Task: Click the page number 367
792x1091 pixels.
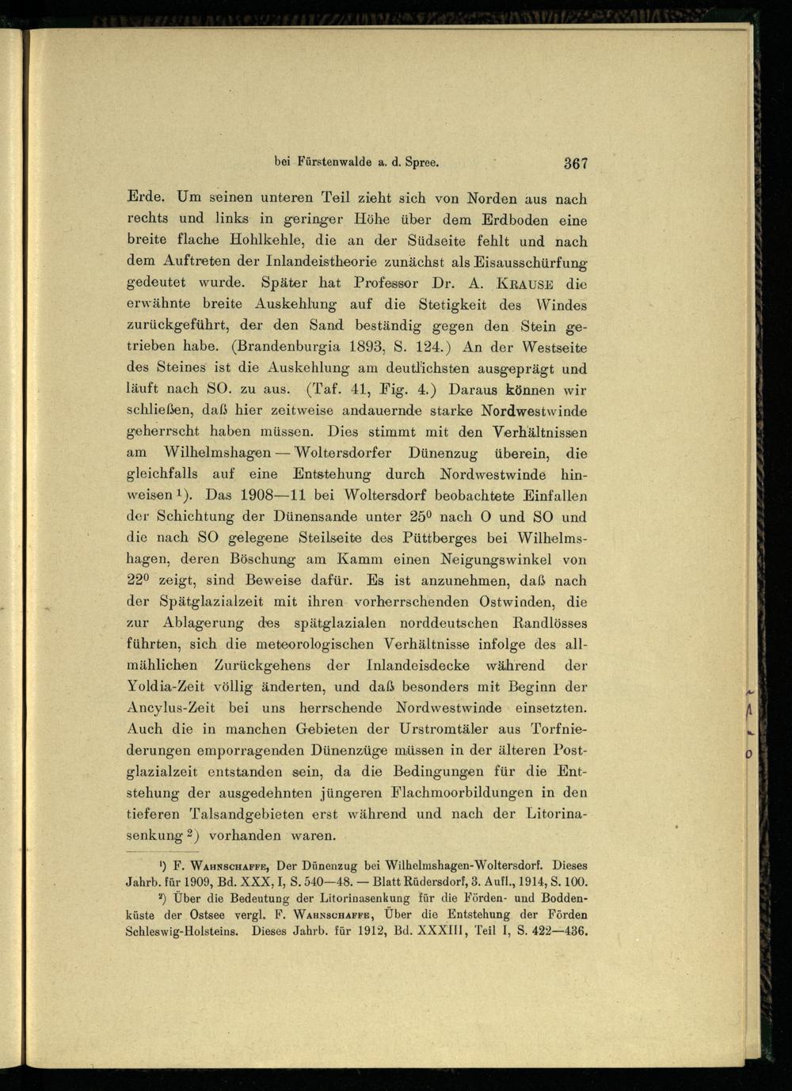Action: (x=576, y=164)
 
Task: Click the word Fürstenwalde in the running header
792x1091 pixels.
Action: (x=333, y=162)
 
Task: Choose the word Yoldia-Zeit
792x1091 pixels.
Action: (x=166, y=687)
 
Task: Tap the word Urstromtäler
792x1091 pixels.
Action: (x=444, y=728)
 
